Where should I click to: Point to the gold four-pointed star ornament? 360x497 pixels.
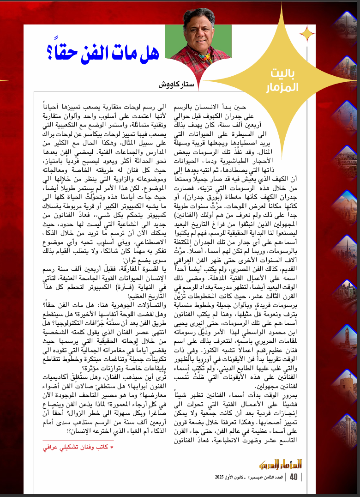(306, 33)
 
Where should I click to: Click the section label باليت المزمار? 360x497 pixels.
(282, 79)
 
